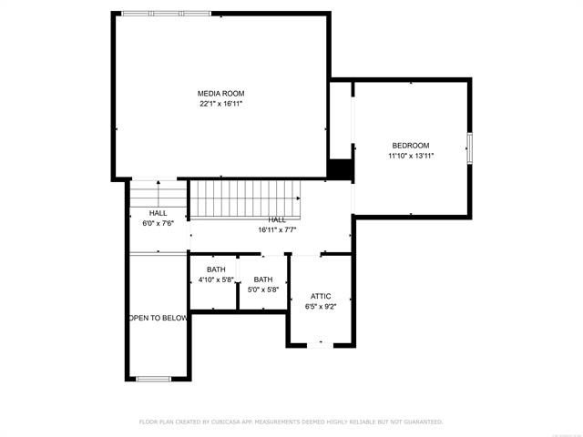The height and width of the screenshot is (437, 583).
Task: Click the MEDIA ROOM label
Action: pos(221,93)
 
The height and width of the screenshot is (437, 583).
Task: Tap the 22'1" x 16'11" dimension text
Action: pos(221,104)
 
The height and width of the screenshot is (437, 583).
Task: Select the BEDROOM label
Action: pos(410,146)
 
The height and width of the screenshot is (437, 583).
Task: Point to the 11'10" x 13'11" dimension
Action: pos(411,156)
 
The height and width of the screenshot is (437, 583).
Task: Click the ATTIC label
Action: pos(321,296)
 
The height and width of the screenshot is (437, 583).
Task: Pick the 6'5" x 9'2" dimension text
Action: pos(321,307)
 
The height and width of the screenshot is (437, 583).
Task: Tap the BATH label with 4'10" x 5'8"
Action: pos(216,269)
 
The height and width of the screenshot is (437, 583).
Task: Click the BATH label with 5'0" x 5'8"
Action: pos(263,279)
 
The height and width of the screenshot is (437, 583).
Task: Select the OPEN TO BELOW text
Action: pos(159,318)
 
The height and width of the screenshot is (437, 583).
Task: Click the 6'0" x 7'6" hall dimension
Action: pos(158,223)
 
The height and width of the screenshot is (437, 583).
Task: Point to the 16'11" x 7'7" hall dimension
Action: pos(277,230)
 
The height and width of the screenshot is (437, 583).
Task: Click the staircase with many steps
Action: pos(244,198)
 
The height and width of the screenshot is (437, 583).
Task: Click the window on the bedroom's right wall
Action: pos(471,148)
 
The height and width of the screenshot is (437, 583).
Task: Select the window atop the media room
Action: pos(167,14)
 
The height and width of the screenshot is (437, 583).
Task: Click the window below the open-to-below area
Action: pos(154,378)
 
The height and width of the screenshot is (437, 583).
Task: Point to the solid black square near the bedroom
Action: pos(341,169)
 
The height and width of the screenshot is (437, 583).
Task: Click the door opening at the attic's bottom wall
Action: pos(321,345)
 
